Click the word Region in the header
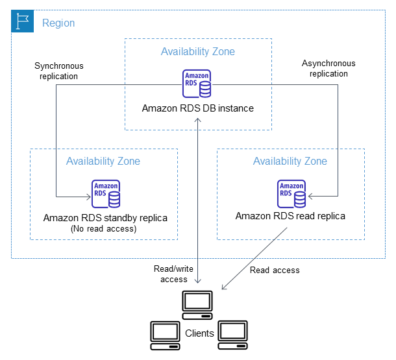pos(58,23)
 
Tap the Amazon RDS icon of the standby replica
pos(105,193)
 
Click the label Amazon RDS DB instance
pos(197,108)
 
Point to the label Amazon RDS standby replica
pos(105,217)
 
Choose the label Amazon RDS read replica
pos(290,216)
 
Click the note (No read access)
pos(105,228)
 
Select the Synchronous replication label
pos(59,71)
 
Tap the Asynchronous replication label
pos(328,69)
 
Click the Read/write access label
pos(171,274)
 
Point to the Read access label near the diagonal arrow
pos(275,270)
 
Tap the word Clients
pos(199,333)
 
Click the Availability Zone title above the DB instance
pos(198,51)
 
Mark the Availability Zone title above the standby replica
pos(103,161)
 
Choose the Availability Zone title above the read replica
pos(290,161)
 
